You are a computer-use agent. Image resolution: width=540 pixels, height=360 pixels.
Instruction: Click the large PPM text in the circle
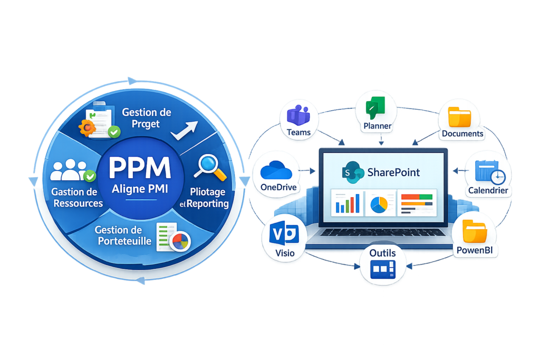click(140, 168)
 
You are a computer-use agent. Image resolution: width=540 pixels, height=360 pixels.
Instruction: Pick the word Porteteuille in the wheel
click(124, 241)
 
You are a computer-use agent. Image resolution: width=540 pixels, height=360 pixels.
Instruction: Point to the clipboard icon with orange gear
click(99, 120)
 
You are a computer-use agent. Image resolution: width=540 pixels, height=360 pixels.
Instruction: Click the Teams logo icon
click(298, 115)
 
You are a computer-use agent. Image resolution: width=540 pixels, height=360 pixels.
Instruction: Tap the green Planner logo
click(375, 108)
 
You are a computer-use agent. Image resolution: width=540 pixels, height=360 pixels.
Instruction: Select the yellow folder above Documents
click(459, 117)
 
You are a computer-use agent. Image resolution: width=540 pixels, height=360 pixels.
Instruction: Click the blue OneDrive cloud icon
click(276, 170)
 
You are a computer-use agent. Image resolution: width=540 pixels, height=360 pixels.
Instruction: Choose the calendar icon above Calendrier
click(490, 172)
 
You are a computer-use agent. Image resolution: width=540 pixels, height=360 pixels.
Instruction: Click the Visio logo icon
click(284, 233)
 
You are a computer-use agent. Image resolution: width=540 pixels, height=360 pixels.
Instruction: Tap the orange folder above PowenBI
click(475, 231)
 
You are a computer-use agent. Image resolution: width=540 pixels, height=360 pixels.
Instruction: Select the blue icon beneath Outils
click(383, 269)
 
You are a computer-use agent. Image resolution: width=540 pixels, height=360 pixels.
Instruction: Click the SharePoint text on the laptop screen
click(393, 172)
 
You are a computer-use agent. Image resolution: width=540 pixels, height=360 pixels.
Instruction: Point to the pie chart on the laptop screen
click(379, 205)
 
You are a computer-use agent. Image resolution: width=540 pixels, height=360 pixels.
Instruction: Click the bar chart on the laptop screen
click(348, 204)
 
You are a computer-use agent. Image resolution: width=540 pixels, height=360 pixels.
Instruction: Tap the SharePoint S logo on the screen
click(353, 172)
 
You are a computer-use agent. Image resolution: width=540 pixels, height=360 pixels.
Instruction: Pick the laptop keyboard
click(383, 232)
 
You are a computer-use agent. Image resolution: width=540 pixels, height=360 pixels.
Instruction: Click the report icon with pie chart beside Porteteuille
click(173, 238)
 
